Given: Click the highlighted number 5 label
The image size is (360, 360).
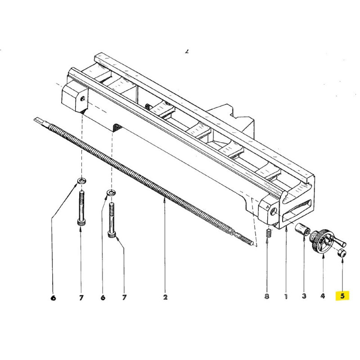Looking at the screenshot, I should click(x=342, y=296).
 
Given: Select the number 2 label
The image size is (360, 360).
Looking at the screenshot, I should click(x=165, y=297).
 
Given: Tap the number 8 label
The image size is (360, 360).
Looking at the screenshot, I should click(x=267, y=297).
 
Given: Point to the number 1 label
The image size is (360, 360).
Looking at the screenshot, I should click(x=286, y=297).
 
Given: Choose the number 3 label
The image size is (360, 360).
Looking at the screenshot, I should click(x=304, y=297).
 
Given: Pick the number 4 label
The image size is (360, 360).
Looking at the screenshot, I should click(x=323, y=297).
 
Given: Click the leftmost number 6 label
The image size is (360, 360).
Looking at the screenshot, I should click(x=53, y=297).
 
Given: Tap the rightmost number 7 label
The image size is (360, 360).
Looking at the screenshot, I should click(x=125, y=297).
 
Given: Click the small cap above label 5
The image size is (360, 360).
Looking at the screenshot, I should click(x=342, y=254).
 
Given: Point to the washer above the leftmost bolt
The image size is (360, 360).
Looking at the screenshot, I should click(x=81, y=180).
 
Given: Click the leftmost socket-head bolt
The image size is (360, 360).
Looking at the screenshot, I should click(x=81, y=209).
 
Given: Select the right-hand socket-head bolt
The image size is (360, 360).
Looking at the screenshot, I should click(x=112, y=220).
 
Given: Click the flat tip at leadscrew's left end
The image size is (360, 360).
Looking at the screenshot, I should click(x=39, y=120).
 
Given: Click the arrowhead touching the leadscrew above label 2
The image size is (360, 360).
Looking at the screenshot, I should click(x=165, y=203).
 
